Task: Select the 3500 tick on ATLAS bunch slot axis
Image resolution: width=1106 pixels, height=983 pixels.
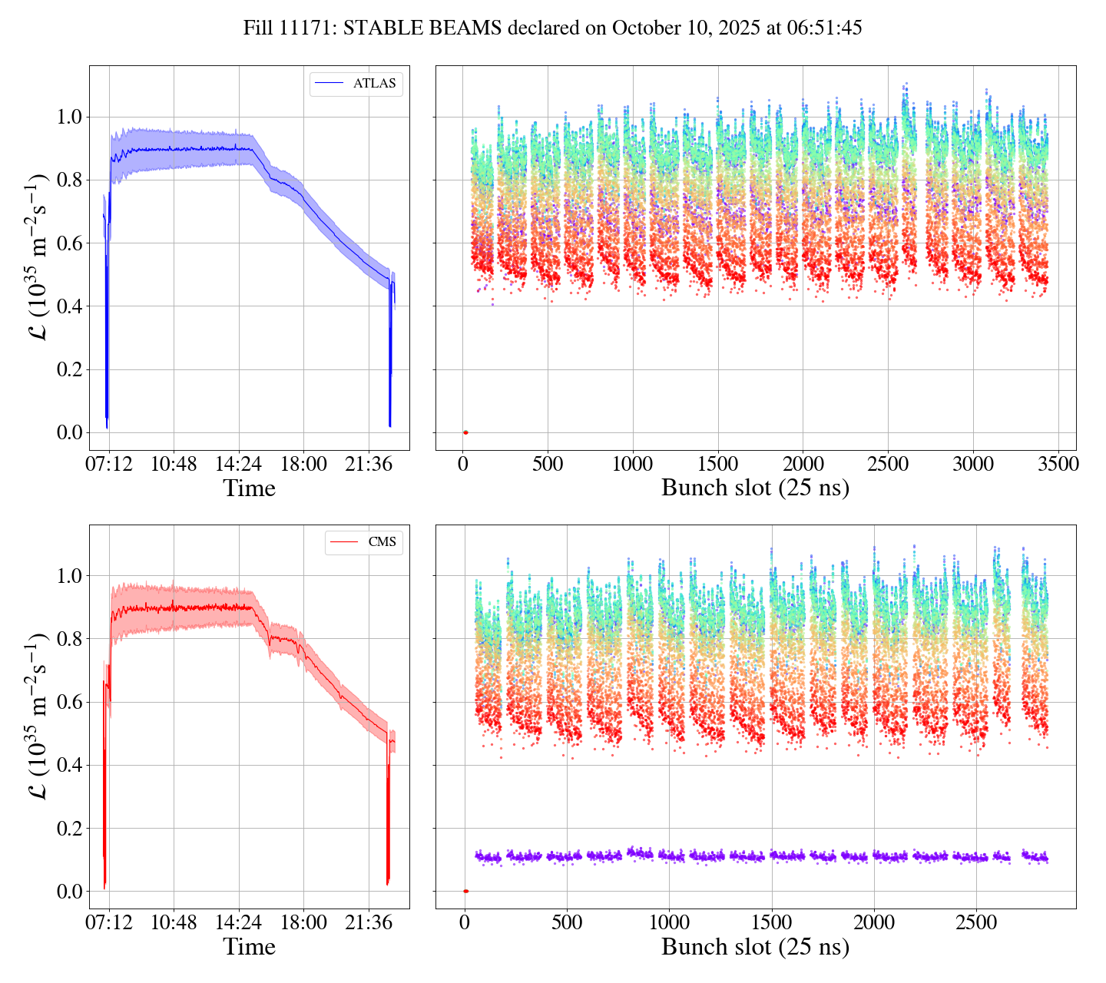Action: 1058,464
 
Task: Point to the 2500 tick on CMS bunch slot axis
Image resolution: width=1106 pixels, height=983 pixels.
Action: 976,922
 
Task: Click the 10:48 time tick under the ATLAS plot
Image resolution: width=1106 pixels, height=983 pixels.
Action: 174,464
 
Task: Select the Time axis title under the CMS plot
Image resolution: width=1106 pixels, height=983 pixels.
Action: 249,947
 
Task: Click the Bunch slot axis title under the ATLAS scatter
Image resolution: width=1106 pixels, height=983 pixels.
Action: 755,488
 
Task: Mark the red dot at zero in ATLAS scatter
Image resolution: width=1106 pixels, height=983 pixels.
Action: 465,432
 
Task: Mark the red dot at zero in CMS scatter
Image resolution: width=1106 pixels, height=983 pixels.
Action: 465,891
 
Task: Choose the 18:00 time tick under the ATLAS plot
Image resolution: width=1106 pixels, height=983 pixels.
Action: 303,464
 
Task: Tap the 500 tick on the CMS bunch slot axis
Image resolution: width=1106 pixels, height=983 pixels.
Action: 567,922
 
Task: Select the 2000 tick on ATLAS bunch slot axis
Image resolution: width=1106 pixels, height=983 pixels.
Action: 803,464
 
